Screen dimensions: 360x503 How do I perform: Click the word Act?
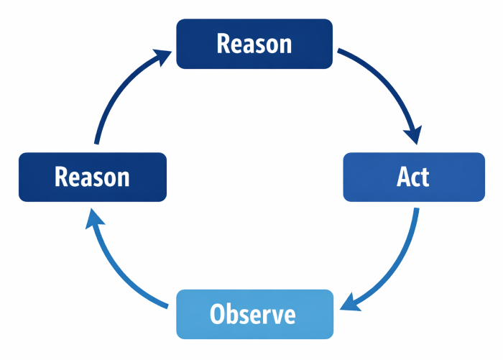pos(413,177)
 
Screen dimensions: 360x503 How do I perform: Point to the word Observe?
pos(253,314)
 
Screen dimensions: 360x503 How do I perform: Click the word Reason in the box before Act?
pos(254,44)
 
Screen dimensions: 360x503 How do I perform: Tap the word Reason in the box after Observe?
pos(92,177)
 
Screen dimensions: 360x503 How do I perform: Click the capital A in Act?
pos(404,177)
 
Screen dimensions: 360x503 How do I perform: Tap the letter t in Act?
pos(424,177)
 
